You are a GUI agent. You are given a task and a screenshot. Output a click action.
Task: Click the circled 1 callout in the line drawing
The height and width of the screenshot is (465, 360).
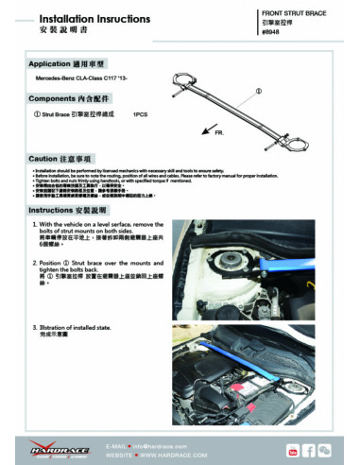click(258, 92)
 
